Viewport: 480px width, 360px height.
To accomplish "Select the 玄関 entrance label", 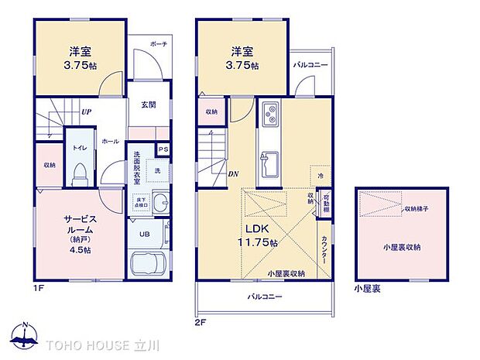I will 149,103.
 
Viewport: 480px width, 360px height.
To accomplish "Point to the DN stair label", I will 233,174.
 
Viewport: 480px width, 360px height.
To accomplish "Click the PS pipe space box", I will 163,149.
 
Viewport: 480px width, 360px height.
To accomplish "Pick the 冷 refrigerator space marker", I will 320,175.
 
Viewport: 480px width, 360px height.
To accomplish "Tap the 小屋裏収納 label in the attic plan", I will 400,248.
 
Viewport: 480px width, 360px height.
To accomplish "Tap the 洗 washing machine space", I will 157,170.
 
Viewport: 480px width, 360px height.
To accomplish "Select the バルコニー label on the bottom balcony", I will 265,297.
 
